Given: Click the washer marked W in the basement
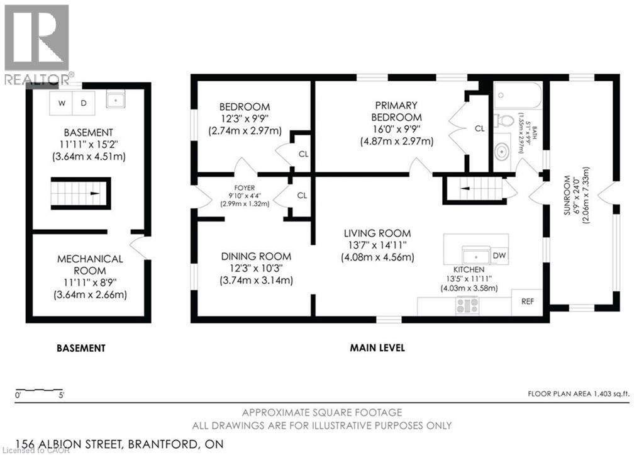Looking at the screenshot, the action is [61, 103].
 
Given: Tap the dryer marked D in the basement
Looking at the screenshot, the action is [84, 103].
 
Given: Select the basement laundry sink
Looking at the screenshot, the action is [116, 99].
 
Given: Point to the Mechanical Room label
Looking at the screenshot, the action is [90, 265].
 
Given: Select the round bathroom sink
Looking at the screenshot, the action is [502, 152].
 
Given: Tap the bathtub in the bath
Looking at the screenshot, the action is [518, 96].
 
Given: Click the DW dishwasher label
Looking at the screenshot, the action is [499, 256].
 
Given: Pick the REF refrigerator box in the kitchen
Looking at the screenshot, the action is [528, 301].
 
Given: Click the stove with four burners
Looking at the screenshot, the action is [467, 306].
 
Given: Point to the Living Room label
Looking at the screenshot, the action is [377, 233].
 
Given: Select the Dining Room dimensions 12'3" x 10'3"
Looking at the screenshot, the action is [256, 268].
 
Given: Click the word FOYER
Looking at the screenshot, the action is [245, 188].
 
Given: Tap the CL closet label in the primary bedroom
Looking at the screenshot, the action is [479, 128].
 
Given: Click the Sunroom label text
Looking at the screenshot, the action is [567, 195].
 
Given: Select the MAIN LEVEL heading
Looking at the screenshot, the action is [377, 348].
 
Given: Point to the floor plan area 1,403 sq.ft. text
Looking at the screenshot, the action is [579, 394].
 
